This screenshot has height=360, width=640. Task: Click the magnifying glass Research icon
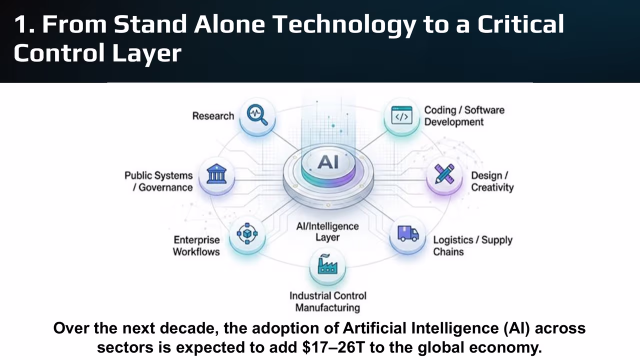click(257, 115)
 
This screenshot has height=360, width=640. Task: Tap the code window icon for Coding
click(401, 116)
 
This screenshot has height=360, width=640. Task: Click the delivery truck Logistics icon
click(408, 234)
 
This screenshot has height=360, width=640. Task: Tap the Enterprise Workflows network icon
click(246, 233)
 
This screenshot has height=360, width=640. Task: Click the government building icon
click(216, 175)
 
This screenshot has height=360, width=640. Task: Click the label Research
click(213, 116)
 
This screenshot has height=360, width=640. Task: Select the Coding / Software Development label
click(464, 116)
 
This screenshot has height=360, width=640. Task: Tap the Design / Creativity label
click(492, 181)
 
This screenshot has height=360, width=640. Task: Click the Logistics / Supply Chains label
click(472, 245)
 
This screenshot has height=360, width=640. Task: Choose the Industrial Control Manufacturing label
click(327, 301)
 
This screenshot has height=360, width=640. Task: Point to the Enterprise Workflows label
click(196, 245)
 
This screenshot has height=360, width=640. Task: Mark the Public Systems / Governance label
click(158, 181)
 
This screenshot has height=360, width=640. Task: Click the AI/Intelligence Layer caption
click(327, 231)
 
